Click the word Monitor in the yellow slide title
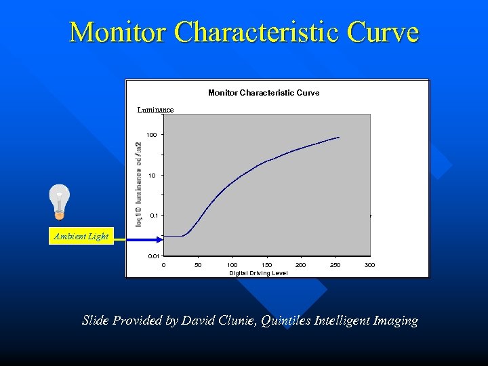117,32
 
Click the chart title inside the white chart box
263,92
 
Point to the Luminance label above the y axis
155,109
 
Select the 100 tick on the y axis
151,135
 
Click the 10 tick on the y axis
152,175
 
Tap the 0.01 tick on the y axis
153,256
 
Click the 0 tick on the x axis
163,265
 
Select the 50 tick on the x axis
197,265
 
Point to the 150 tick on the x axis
266,265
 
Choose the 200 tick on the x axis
301,265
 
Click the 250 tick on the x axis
335,265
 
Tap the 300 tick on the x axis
369,265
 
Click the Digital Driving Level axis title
258,272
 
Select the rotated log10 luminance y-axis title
139,184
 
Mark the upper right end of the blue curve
339,138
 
